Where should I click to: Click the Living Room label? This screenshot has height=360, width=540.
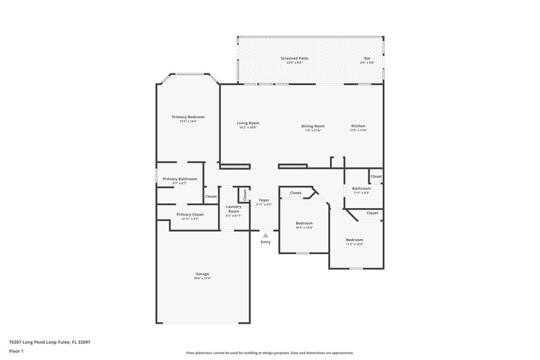coord(248,123)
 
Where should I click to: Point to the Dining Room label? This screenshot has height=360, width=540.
coord(313,126)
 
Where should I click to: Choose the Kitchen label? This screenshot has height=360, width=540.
coord(358,126)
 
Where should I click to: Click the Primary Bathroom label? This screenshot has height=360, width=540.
coord(180,178)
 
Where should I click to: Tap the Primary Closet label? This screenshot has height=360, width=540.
coord(190,214)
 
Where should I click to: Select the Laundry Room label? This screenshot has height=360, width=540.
coord(234,209)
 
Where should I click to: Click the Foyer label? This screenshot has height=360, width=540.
coord(265,200)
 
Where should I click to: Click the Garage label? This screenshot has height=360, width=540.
coord(202,274)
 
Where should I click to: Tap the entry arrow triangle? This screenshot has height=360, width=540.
coord(265,235)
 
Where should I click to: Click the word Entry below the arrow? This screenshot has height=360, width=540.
coord(265,242)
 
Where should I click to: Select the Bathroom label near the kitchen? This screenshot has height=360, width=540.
coord(361,188)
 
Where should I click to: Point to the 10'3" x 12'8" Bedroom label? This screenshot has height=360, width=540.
coord(304,223)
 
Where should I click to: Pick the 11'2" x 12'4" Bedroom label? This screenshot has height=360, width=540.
coord(354,240)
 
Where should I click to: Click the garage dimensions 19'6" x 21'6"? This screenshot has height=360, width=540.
coord(202,278)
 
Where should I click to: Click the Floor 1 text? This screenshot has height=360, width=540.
coord(16,351)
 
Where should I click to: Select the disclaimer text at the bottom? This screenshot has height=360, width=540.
coord(269,353)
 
